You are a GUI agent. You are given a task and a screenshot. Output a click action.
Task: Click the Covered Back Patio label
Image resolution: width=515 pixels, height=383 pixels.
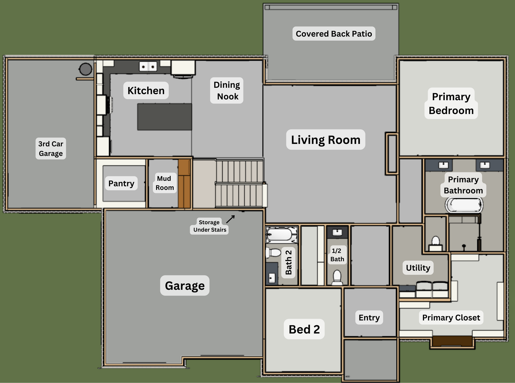pyautogui.click(x=334, y=34)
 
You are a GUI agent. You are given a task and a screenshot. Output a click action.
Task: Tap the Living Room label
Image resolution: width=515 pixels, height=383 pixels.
pyautogui.click(x=326, y=140)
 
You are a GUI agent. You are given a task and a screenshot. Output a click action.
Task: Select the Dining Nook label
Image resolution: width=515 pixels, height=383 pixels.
pyautogui.click(x=227, y=90)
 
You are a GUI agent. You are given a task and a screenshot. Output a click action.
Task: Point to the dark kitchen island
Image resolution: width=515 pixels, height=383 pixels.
pyautogui.click(x=165, y=117)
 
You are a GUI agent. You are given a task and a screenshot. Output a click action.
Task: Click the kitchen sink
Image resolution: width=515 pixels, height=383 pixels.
pyautogui.click(x=148, y=66)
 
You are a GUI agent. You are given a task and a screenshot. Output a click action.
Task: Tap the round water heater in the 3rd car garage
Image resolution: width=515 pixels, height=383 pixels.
pyautogui.click(x=86, y=69)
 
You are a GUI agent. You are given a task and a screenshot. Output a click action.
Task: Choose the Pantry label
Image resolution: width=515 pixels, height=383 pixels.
pyautogui.click(x=121, y=183)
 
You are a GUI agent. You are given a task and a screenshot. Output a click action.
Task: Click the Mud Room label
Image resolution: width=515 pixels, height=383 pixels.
pyautogui.click(x=165, y=183)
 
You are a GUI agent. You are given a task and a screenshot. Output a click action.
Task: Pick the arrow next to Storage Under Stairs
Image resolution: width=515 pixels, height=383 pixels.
pyautogui.click(x=230, y=219)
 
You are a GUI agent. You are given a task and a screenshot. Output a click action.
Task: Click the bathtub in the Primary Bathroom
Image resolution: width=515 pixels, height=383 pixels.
pyautogui.click(x=464, y=205)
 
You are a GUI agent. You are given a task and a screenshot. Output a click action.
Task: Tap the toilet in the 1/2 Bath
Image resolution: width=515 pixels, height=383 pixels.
pyautogui.click(x=337, y=277)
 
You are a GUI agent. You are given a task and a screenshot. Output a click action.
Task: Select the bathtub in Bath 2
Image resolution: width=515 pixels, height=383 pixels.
pyautogui.click(x=281, y=235)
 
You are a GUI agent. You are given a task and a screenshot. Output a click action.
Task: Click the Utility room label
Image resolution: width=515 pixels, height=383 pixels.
pyautogui.click(x=418, y=268)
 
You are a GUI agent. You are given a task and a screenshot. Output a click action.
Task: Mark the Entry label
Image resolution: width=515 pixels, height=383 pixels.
pyautogui.click(x=369, y=318)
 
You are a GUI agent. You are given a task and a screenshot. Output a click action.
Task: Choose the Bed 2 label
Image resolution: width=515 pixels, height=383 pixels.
pyautogui.click(x=304, y=329)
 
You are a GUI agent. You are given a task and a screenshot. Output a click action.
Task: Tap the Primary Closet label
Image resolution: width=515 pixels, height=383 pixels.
pyautogui.click(x=451, y=318)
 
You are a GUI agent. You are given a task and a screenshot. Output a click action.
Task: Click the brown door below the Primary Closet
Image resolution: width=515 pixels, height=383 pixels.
pyautogui.click(x=452, y=341)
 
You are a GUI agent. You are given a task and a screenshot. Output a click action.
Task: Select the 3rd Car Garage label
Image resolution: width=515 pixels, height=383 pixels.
pyautogui.click(x=51, y=148)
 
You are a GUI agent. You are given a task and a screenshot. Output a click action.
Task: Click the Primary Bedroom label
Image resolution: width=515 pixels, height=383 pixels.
pyautogui.click(x=451, y=103)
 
